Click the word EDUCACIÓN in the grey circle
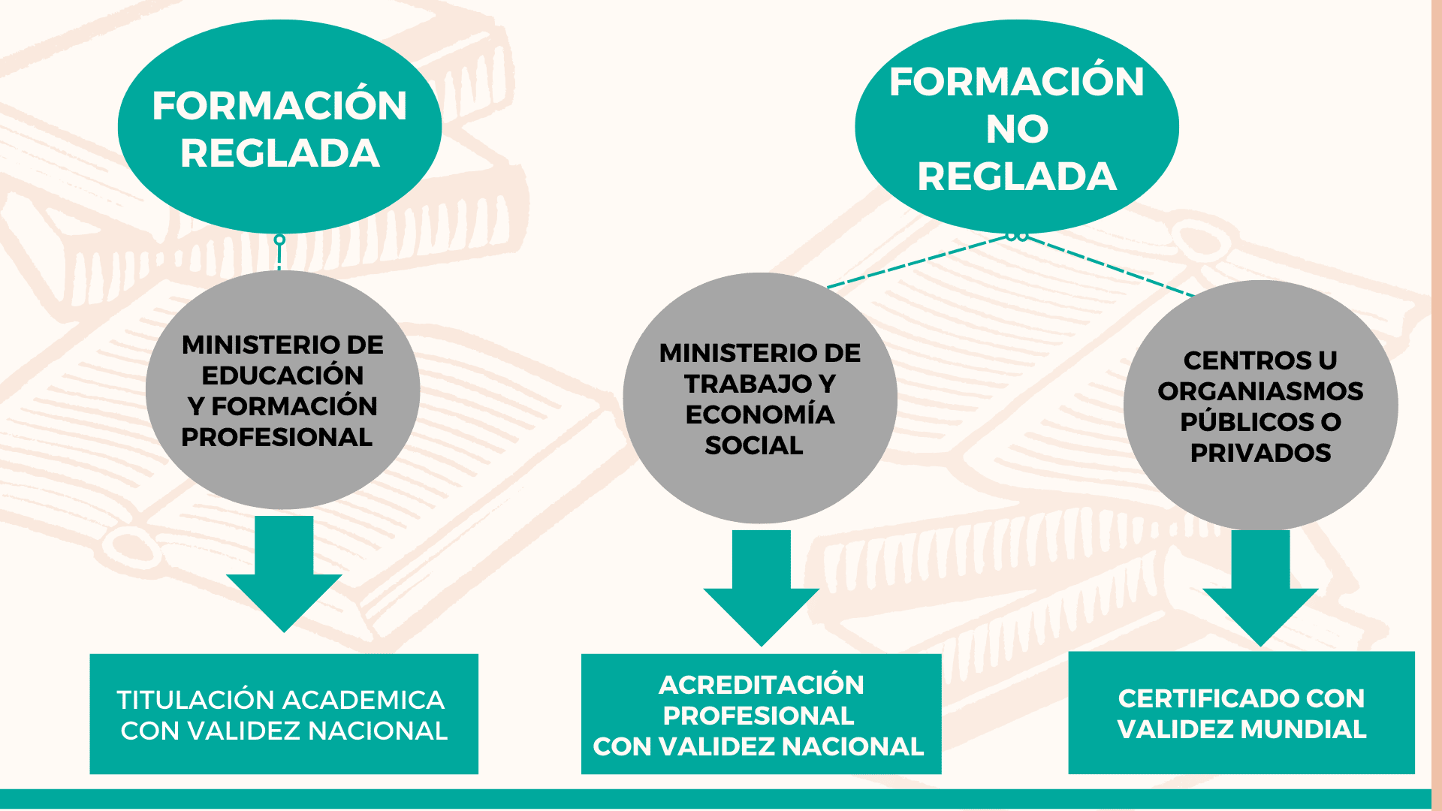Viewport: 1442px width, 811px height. (x=282, y=375)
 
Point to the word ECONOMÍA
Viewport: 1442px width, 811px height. (x=759, y=415)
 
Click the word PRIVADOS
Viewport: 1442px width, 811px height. (x=1260, y=453)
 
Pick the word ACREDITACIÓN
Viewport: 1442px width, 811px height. (x=761, y=685)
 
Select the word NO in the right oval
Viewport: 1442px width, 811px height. (x=1017, y=129)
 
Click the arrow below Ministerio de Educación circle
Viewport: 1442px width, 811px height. (x=284, y=574)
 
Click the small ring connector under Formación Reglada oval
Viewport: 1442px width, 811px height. (x=279, y=240)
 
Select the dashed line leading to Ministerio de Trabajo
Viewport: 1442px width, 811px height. (x=916, y=263)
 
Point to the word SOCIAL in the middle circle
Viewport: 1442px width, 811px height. (x=753, y=445)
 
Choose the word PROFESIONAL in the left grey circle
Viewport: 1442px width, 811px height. (x=276, y=437)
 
